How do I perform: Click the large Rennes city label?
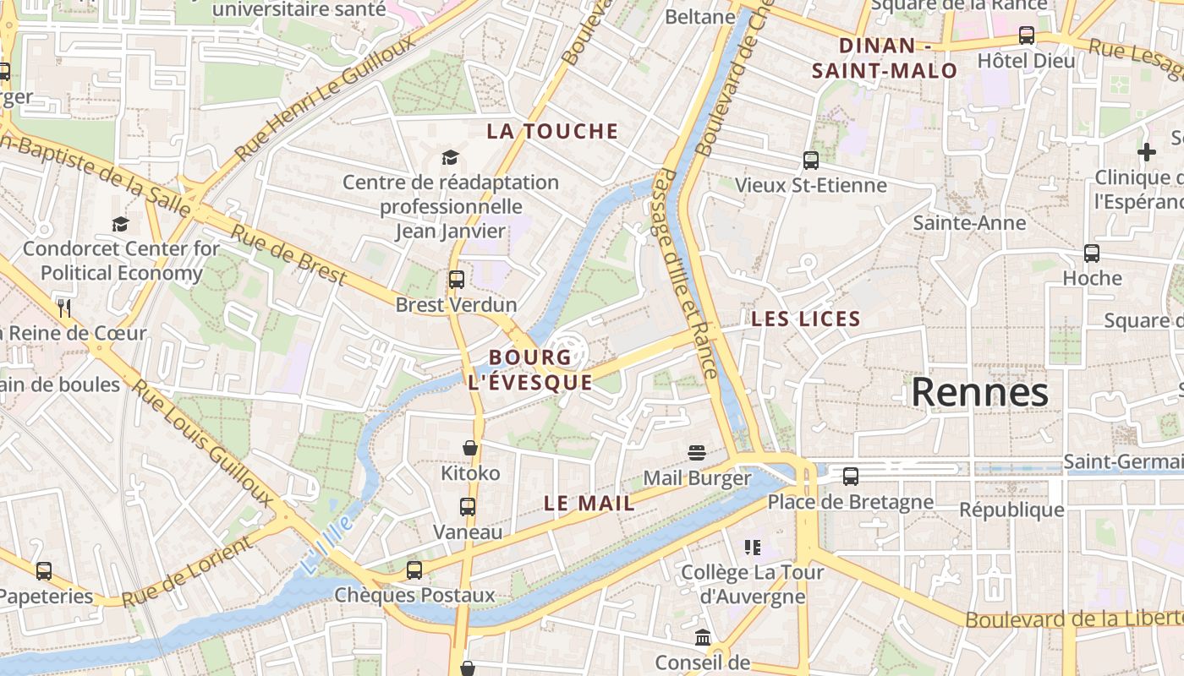pyautogui.click(x=979, y=393)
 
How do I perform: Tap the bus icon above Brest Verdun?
pyautogui.click(x=457, y=279)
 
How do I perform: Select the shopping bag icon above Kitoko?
pyautogui.click(x=470, y=448)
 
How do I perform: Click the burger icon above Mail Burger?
pyautogui.click(x=696, y=452)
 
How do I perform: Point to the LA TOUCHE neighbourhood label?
pyautogui.click(x=553, y=131)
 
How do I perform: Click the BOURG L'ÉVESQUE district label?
pyautogui.click(x=530, y=369)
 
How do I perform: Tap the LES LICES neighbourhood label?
pyautogui.click(x=805, y=319)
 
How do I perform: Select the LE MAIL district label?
pyautogui.click(x=589, y=504)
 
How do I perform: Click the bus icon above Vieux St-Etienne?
pyautogui.click(x=810, y=160)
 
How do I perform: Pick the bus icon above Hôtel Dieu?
pyautogui.click(x=1026, y=35)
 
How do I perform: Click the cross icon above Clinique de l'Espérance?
pyautogui.click(x=1146, y=152)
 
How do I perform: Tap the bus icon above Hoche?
pyautogui.click(x=1092, y=253)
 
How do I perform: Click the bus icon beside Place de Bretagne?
pyautogui.click(x=851, y=477)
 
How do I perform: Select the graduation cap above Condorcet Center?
pyautogui.click(x=121, y=224)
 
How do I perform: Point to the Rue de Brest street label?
pyautogui.click(x=288, y=254)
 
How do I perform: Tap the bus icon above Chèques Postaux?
pyautogui.click(x=414, y=570)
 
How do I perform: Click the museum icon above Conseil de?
pyautogui.click(x=703, y=637)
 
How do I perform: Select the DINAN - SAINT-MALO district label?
pyautogui.click(x=884, y=58)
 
